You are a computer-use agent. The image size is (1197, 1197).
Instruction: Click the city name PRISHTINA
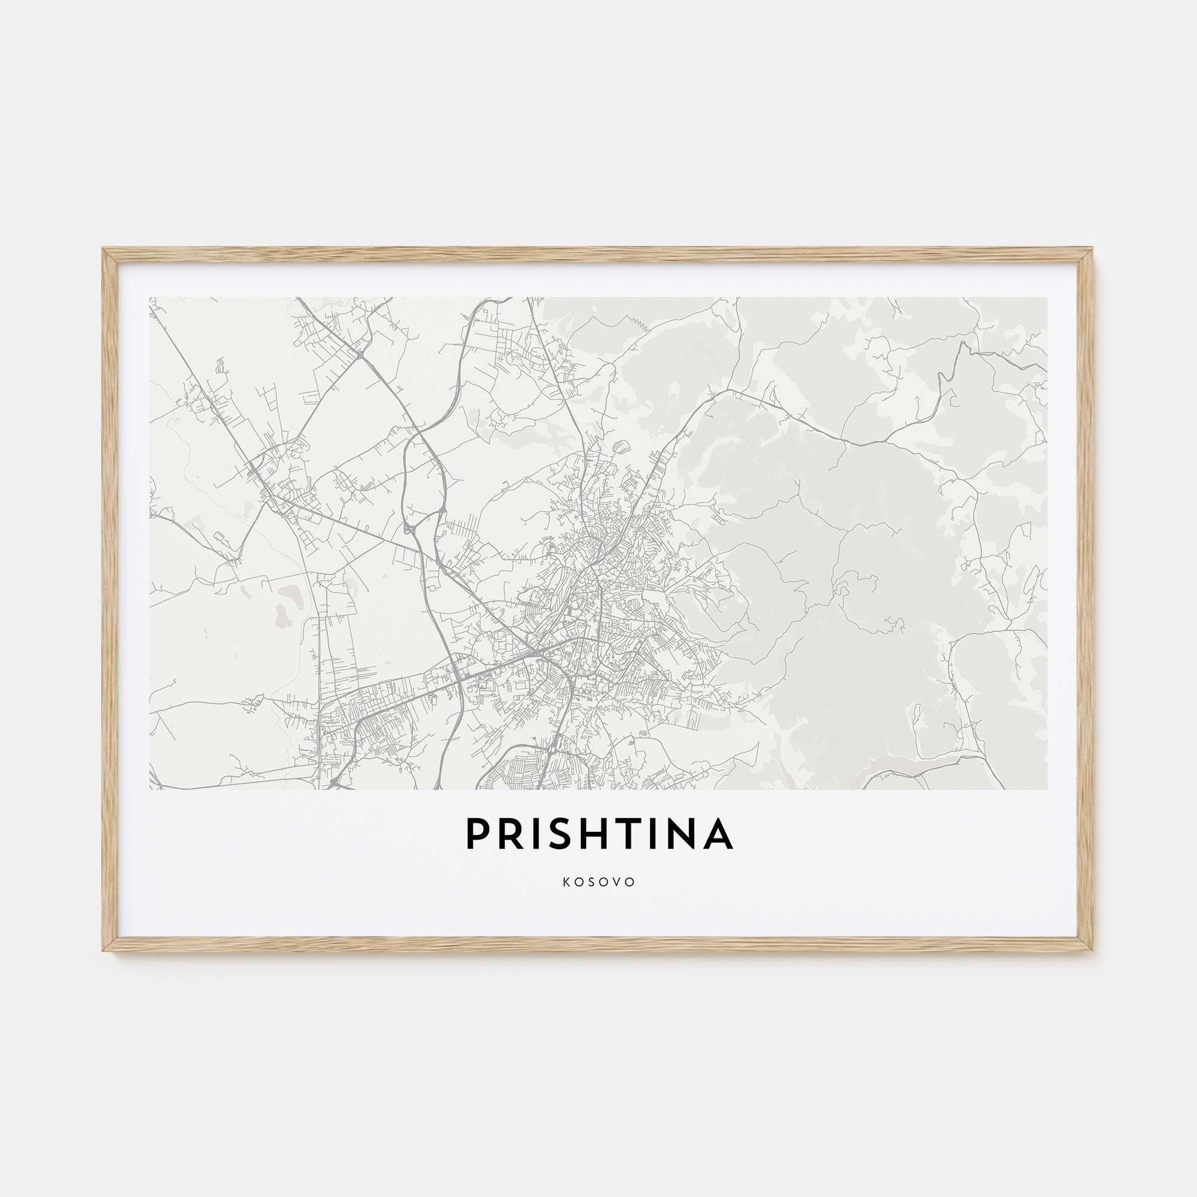point(599,834)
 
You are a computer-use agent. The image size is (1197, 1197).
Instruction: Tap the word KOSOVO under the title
point(599,882)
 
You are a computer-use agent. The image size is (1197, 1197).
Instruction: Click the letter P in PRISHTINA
point(477,834)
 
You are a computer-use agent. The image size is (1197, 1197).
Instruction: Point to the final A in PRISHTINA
point(719,834)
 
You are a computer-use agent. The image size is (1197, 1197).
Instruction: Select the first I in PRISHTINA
point(536,834)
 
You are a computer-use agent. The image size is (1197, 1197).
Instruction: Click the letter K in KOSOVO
point(566,882)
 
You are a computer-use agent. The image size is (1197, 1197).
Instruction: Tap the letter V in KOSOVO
point(618,882)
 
